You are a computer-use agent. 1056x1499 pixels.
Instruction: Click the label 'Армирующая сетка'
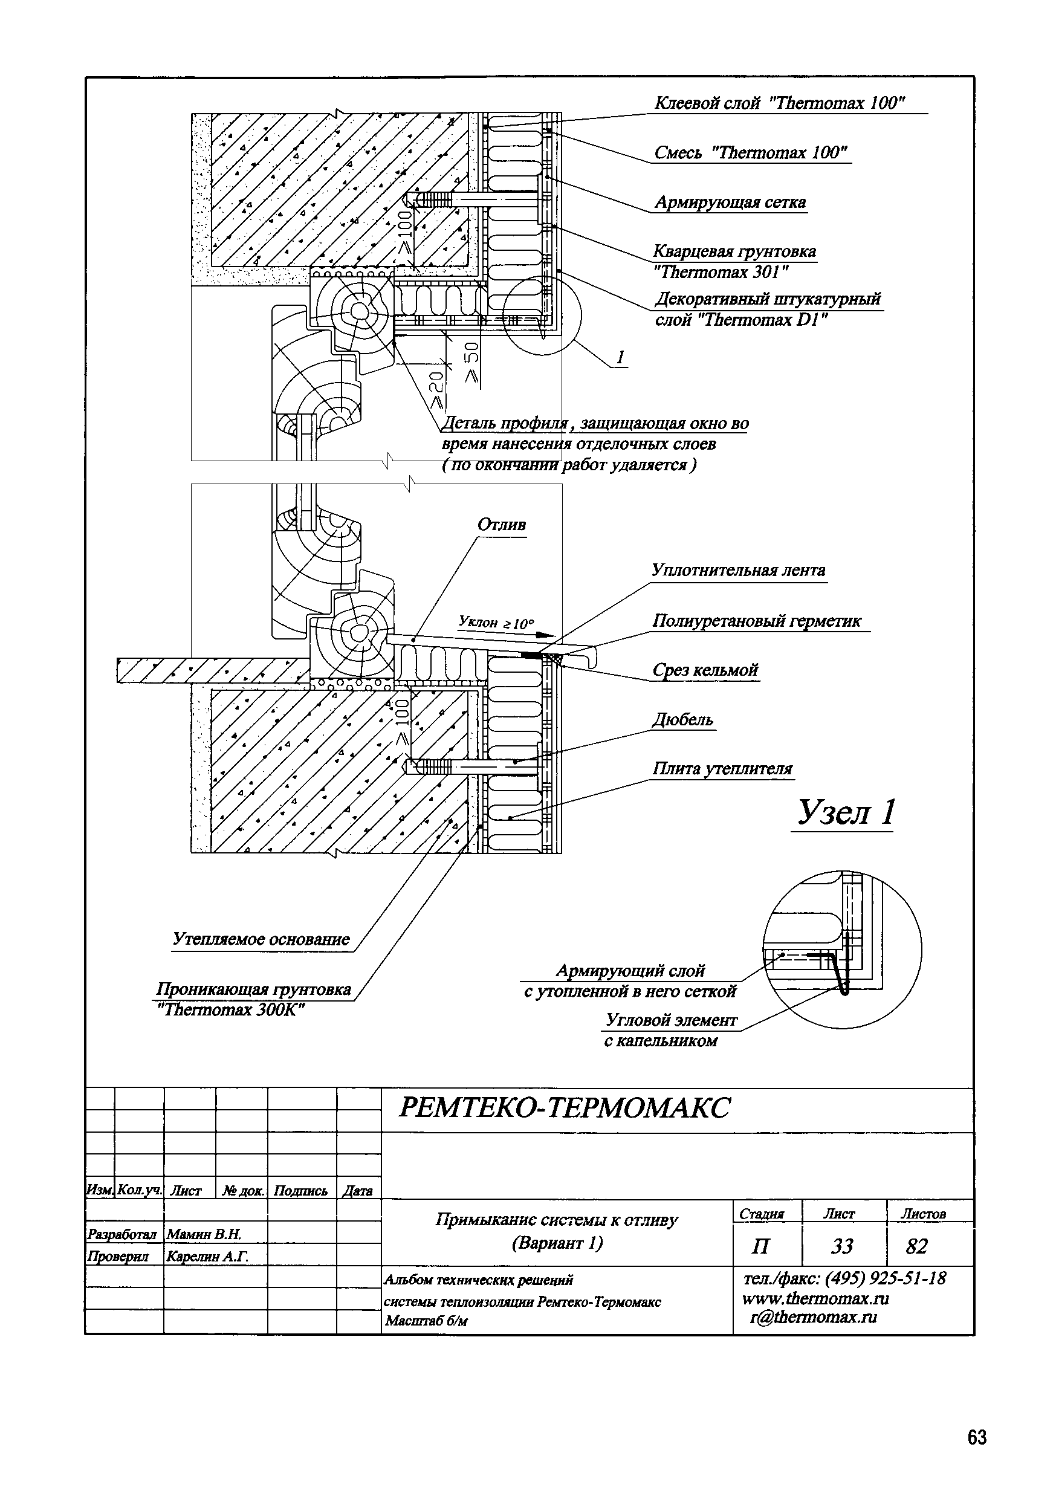730,202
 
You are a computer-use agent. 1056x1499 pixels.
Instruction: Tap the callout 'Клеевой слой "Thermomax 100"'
779,103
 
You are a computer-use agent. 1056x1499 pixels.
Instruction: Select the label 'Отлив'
502,525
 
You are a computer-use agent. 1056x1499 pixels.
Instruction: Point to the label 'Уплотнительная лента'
738,571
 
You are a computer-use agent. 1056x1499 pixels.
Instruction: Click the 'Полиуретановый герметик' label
757,621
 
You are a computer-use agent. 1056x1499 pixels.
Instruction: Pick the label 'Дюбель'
682,720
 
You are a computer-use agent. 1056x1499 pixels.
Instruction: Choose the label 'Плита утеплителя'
722,769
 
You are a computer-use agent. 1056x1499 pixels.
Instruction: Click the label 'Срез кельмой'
705,670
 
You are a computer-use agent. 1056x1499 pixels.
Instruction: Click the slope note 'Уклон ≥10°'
496,622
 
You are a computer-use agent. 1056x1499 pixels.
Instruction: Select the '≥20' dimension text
436,390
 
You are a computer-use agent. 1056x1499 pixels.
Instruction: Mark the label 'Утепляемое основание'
261,939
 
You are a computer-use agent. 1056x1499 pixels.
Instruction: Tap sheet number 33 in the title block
842,1246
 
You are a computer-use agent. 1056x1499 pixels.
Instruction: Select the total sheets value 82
916,1246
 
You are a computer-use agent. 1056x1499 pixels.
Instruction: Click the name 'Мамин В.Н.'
204,1234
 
